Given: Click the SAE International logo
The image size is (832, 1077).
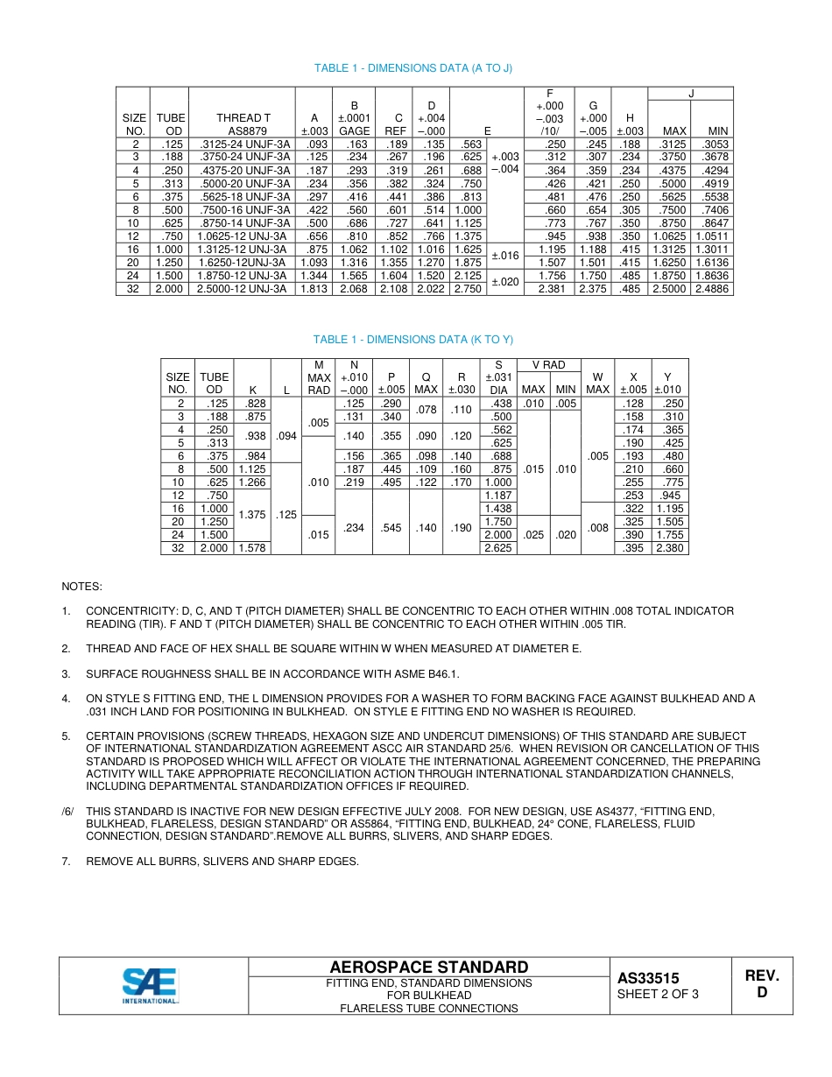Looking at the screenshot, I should pyautogui.click(x=150, y=986).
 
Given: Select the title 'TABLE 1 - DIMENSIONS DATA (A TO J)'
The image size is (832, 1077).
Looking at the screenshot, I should pyautogui.click(x=413, y=68).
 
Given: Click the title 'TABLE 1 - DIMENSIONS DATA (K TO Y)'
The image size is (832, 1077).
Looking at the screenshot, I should pyautogui.click(x=413, y=340).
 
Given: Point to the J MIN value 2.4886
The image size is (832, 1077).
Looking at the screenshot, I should pyautogui.click(x=711, y=289).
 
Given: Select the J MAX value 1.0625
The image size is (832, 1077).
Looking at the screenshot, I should pyautogui.click(x=670, y=236).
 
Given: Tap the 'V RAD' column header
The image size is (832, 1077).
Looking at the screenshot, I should pyautogui.click(x=548, y=365).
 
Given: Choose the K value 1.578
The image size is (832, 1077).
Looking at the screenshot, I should pyautogui.click(x=251, y=548).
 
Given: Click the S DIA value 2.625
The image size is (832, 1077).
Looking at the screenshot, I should pyautogui.click(x=498, y=548).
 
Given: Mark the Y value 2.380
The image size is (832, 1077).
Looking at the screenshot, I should pyautogui.click(x=670, y=548).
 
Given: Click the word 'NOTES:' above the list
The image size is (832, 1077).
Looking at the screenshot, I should pyautogui.click(x=81, y=586).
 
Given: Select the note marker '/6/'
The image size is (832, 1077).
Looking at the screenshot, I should pyautogui.click(x=68, y=812).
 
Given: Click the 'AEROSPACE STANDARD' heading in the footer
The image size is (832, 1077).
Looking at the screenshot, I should pyautogui.click(x=429, y=968).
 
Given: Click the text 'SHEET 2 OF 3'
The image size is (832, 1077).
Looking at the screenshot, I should pyautogui.click(x=658, y=995).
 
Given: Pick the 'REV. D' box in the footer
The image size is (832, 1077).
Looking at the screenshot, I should pyautogui.click(x=761, y=984).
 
